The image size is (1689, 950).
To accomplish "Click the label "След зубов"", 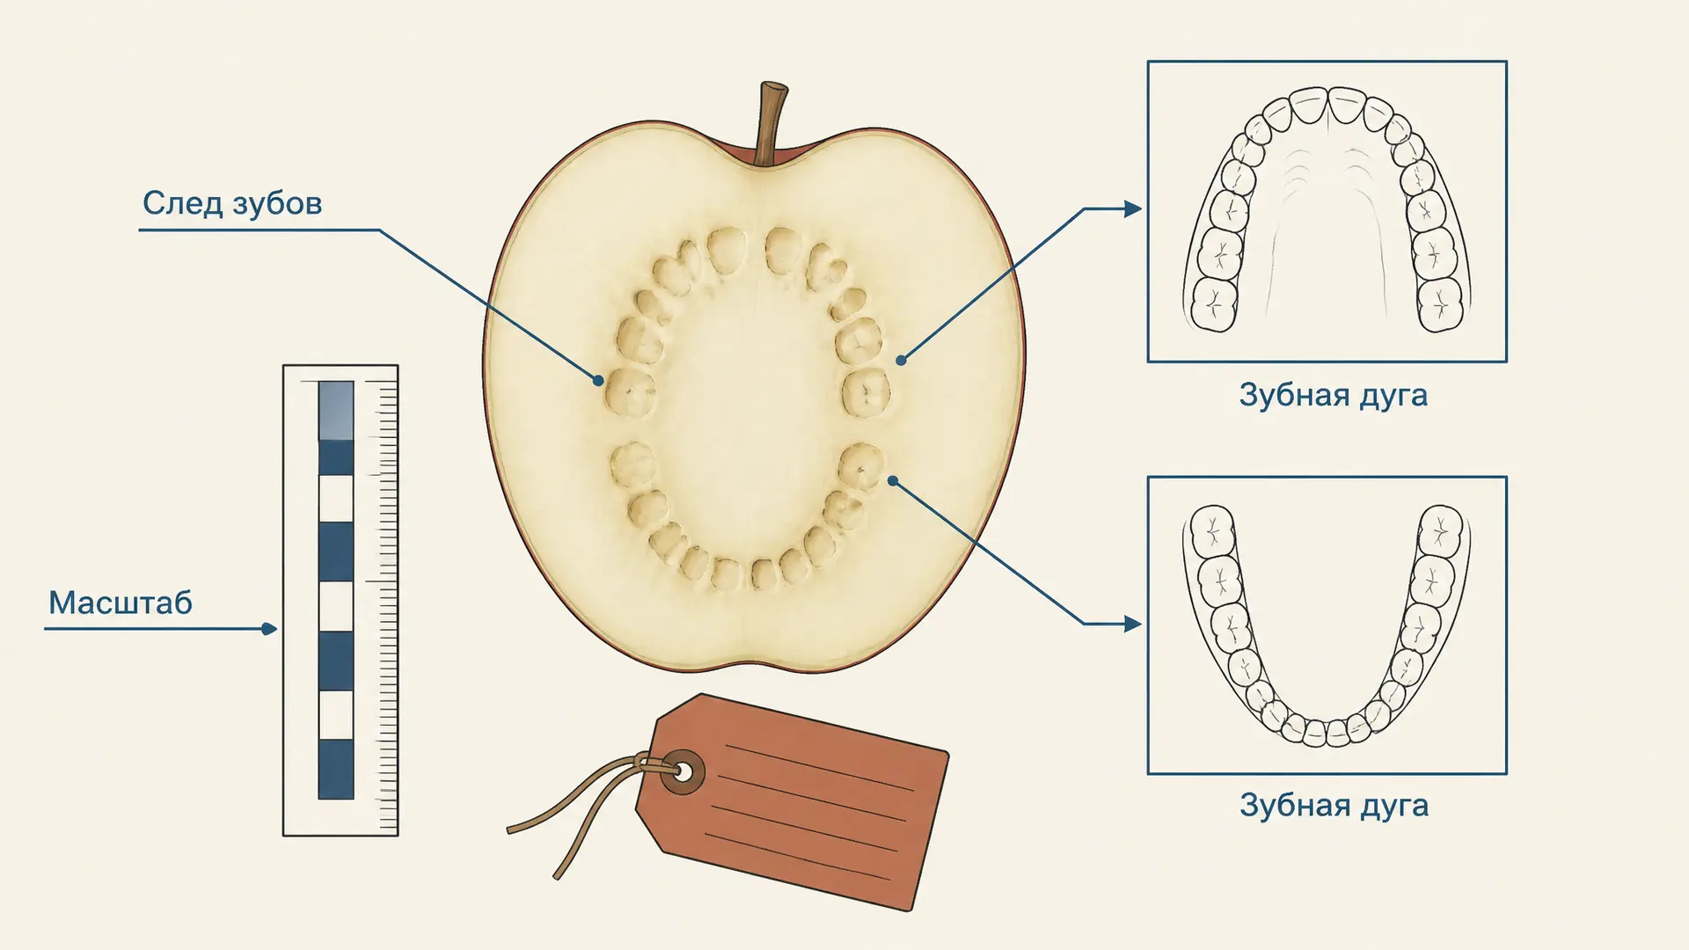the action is click(232, 204).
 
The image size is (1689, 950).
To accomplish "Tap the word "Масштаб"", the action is click(121, 603).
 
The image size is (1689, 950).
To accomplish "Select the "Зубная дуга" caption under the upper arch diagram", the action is click(1333, 396).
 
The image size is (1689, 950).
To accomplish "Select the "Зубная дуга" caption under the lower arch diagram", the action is click(1334, 806).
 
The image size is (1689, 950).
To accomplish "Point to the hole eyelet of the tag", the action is click(683, 772).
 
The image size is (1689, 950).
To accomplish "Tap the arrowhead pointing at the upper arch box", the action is click(1133, 209).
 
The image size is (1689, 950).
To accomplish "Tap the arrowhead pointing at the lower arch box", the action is click(1133, 625).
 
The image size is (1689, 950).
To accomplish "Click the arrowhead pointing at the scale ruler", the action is click(269, 629).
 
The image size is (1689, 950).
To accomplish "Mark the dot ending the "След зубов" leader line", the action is click(598, 381).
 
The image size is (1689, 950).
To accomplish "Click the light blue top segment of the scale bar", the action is click(336, 410).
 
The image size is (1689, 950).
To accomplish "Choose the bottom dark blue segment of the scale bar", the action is click(336, 769).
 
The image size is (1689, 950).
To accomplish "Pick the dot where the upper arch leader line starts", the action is click(901, 360).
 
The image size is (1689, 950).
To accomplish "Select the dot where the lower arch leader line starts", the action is click(893, 480).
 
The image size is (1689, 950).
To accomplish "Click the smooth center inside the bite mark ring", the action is click(748, 413).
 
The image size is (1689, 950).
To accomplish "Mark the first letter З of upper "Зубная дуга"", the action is click(1249, 394).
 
